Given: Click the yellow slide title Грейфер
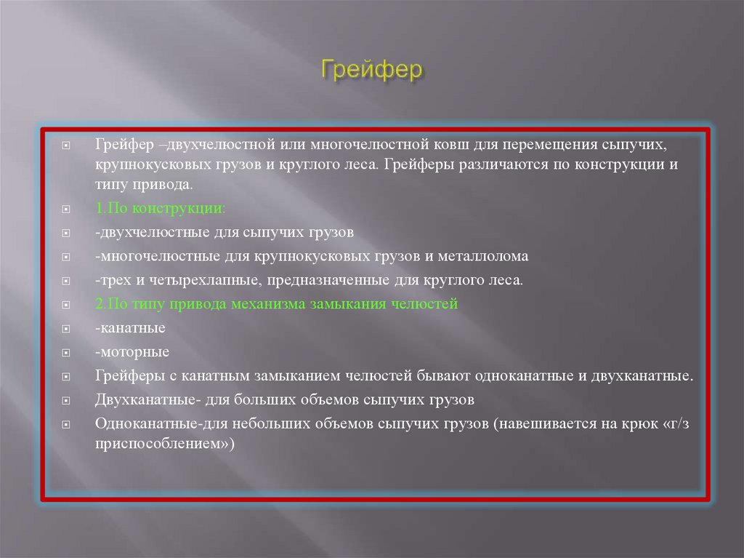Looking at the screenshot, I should [372, 72].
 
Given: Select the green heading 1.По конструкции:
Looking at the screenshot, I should [160, 209].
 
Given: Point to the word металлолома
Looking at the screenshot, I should [487, 257].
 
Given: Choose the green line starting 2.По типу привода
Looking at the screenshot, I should [276, 304].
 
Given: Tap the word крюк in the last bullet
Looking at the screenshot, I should [638, 424].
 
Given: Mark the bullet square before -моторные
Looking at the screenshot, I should [66, 354].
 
